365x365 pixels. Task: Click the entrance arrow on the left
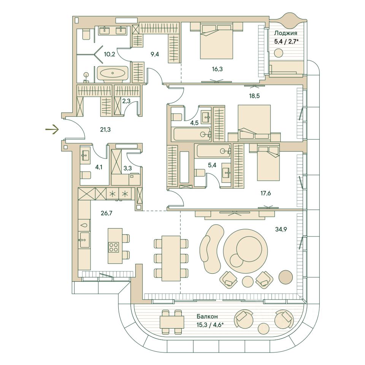pyautogui.click(x=52, y=130)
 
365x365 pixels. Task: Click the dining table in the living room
pyautogui.click(x=171, y=258)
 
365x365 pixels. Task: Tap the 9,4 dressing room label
pyautogui.click(x=155, y=54)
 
